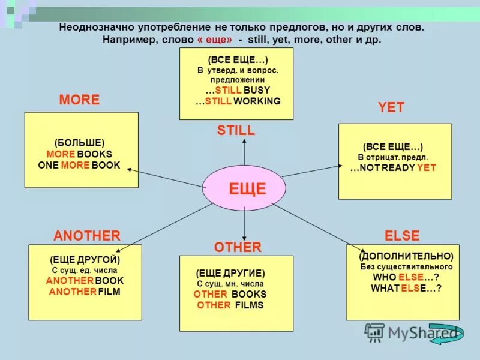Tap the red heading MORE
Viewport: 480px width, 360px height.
coord(79,100)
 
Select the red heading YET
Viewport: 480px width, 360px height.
coord(391,108)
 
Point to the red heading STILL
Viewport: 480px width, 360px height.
coord(236,130)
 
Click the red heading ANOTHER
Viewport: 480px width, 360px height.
coord(87,236)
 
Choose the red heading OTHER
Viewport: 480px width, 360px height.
coord(238,247)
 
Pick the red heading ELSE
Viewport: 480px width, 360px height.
coord(401,236)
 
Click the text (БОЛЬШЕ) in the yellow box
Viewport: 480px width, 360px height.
coord(79,142)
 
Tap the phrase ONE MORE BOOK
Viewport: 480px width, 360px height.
coord(79,165)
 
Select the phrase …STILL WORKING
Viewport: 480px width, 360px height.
coord(238,101)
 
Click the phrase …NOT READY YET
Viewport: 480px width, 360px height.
coord(393,168)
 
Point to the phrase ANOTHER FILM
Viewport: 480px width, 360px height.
coord(85,292)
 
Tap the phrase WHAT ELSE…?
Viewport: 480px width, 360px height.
coord(406,289)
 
